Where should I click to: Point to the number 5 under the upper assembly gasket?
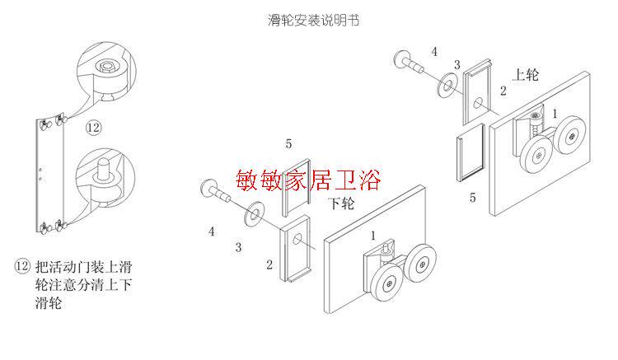tap(472, 198)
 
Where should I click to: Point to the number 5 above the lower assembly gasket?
tap(288, 144)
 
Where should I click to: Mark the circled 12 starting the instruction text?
tap(23, 267)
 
